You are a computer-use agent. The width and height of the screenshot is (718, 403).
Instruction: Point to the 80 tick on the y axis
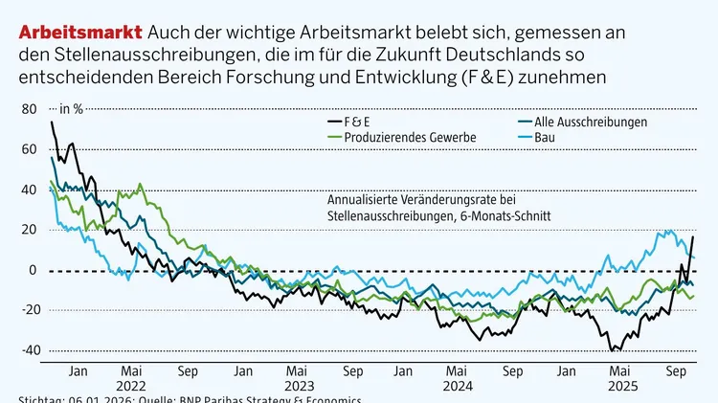point(29,109)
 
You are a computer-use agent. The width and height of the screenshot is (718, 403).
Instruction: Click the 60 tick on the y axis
point(29,149)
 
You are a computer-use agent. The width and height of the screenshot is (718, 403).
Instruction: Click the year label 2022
point(132,386)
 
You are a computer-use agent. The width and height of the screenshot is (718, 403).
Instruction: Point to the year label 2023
point(299,386)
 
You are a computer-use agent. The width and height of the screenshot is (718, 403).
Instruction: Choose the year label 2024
point(458,386)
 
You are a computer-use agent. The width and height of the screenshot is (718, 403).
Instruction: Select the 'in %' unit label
point(73,109)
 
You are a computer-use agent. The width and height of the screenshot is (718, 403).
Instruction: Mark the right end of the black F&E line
point(693,236)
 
